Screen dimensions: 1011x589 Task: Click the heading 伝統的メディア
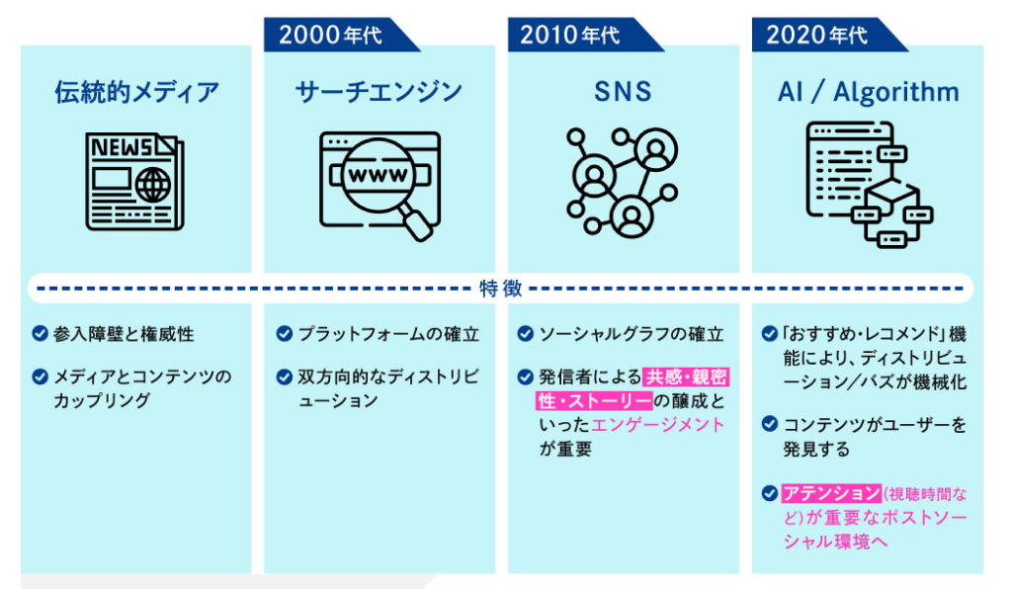coord(136,92)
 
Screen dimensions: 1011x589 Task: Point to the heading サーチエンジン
coord(379,92)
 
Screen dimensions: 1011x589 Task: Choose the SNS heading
coord(623,92)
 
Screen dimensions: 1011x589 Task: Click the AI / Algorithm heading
coord(868,92)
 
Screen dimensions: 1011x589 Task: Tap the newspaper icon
coord(134,182)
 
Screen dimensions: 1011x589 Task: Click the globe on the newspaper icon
coord(153,185)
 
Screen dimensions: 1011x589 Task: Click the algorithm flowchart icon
coord(869,184)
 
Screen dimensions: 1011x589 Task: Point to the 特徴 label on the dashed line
coord(500,289)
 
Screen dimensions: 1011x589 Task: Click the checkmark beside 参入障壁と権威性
coord(40,334)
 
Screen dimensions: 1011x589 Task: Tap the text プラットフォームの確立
coord(388,334)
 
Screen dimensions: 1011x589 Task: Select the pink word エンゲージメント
coord(657,425)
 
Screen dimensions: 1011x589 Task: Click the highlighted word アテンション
coord(832,493)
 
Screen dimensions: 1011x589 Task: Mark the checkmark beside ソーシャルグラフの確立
coord(526,334)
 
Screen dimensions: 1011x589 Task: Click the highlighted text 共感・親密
coord(687,377)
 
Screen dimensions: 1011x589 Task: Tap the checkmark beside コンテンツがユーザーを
coord(770,424)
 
